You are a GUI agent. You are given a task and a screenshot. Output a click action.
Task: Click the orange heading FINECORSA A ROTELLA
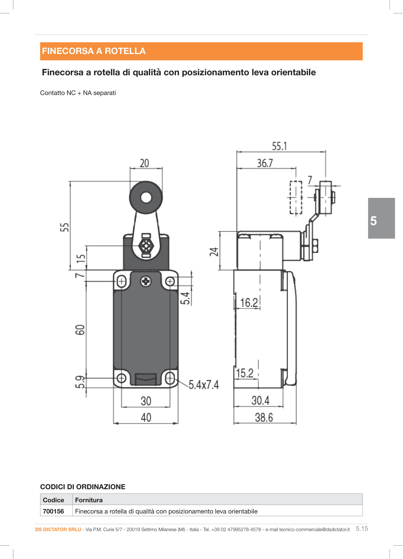pyautogui.click(x=94, y=51)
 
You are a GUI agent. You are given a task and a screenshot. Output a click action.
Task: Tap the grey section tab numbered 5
pyautogui.click(x=381, y=218)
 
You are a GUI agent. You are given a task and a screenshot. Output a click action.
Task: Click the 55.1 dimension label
pyautogui.click(x=279, y=146)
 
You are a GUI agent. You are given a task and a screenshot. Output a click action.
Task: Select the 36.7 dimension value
pyautogui.click(x=265, y=163)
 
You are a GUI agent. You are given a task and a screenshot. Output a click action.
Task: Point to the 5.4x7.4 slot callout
pyautogui.click(x=204, y=385)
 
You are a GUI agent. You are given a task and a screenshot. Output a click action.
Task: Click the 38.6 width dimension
pyautogui.click(x=264, y=418)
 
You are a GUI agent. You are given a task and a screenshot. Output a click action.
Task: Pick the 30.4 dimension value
pyautogui.click(x=260, y=401)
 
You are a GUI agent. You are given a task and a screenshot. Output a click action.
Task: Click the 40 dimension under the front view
pyautogui.click(x=146, y=418)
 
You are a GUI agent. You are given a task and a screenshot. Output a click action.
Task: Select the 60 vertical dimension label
pyautogui.click(x=80, y=330)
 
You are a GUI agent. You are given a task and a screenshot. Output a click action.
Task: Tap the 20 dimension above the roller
pyautogui.click(x=144, y=163)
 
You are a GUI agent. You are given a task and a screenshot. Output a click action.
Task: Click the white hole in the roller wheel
pyautogui.click(x=146, y=198)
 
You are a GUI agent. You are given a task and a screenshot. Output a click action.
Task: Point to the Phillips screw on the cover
pyautogui.click(x=146, y=281)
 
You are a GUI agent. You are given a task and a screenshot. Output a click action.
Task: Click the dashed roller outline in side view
pyautogui.click(x=296, y=198)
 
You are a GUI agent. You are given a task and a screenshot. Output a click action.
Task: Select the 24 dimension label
pyautogui.click(x=214, y=252)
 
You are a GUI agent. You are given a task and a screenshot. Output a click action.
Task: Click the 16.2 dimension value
pyautogui.click(x=249, y=303)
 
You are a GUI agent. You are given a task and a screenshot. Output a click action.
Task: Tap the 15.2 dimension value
pyautogui.click(x=245, y=373)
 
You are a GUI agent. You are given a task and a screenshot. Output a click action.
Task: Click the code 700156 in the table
pyautogui.click(x=53, y=511)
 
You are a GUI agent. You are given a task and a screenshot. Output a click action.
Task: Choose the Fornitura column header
pyautogui.click(x=89, y=500)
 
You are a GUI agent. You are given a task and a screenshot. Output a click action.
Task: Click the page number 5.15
pyautogui.click(x=362, y=529)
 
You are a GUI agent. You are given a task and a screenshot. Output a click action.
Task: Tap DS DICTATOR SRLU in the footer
pyautogui.click(x=58, y=530)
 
